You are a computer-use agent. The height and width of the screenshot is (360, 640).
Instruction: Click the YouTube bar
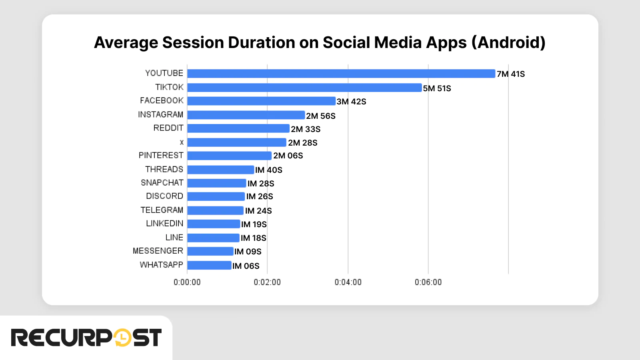(341, 74)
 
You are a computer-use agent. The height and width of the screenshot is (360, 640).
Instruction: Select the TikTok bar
(304, 88)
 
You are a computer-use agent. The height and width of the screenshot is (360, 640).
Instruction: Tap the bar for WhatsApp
(209, 265)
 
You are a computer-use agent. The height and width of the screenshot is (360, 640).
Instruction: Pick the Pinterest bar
(229, 156)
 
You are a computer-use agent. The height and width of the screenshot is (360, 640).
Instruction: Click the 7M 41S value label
(511, 74)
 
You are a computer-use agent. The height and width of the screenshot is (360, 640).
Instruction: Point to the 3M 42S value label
(351, 102)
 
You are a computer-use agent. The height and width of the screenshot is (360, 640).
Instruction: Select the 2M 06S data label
(288, 156)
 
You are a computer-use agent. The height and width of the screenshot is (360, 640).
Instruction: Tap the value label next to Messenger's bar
(248, 252)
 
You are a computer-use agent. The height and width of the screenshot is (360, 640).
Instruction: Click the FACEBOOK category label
(162, 101)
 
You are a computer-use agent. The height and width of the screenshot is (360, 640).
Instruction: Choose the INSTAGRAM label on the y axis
(160, 115)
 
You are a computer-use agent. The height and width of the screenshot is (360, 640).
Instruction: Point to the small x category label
(182, 142)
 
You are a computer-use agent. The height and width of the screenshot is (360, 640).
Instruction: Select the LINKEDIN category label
(164, 224)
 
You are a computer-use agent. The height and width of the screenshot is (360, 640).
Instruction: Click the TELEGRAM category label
(162, 210)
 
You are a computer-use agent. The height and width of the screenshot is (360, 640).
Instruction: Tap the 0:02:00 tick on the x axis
(267, 282)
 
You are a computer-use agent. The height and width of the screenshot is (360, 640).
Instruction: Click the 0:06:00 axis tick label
(428, 282)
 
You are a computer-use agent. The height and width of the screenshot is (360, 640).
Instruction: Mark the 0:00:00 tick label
(187, 282)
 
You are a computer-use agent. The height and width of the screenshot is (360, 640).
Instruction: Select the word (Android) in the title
(508, 43)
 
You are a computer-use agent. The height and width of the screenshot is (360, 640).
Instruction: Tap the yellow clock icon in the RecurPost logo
(122, 338)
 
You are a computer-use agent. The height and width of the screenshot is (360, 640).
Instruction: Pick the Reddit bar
(238, 128)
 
